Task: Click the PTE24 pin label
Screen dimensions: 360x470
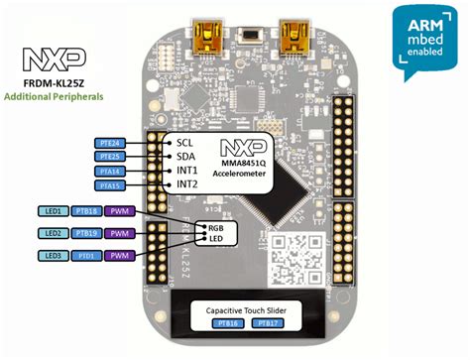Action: click(x=111, y=142)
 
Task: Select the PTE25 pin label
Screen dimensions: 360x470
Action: click(x=111, y=156)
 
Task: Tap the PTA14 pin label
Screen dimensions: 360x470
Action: click(x=111, y=171)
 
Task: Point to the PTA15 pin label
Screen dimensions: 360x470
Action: click(x=111, y=184)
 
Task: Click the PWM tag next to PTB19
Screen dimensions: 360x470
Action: click(x=119, y=233)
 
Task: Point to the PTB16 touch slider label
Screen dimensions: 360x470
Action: click(x=227, y=322)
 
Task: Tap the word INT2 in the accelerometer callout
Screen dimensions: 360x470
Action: click(x=188, y=184)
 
